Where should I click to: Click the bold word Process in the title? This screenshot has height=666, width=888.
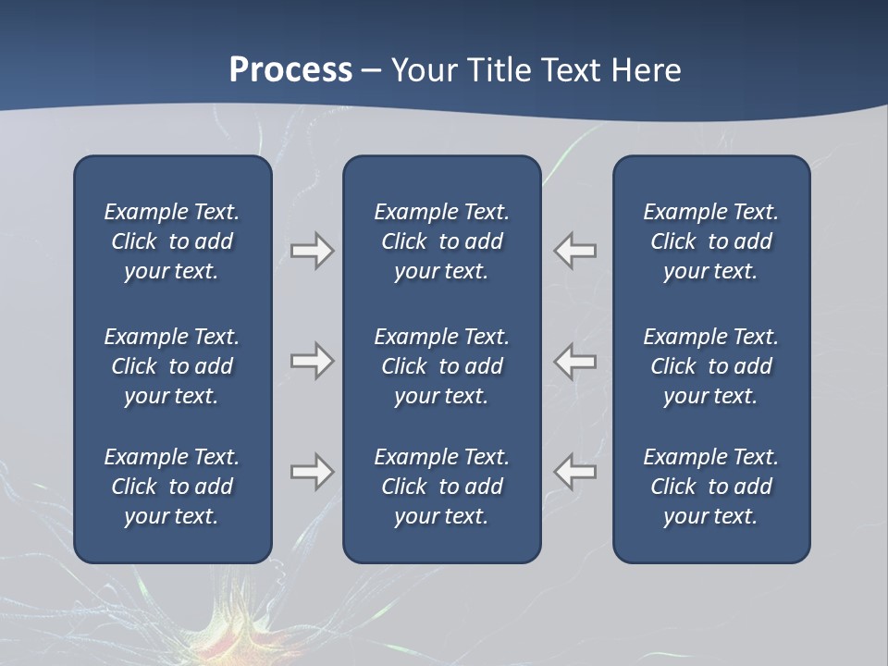click(x=290, y=70)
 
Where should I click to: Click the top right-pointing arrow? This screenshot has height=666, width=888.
click(x=312, y=251)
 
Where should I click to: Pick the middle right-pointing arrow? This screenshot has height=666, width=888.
click(x=312, y=361)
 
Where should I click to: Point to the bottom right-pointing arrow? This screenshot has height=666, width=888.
click(x=312, y=472)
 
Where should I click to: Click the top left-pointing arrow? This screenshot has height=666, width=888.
click(x=575, y=251)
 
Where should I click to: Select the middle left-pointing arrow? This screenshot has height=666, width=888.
click(x=575, y=361)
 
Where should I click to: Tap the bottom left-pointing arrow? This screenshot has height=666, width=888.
click(x=575, y=472)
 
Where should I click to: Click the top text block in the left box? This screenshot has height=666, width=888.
click(x=172, y=241)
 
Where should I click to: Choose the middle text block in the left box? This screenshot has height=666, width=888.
click(x=172, y=366)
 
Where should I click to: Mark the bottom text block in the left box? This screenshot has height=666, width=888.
click(x=172, y=487)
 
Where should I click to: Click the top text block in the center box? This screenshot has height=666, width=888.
click(x=442, y=241)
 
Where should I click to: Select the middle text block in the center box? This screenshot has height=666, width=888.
click(x=442, y=366)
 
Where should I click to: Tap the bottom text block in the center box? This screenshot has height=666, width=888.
click(x=442, y=487)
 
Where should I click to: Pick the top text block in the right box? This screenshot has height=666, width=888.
click(x=711, y=241)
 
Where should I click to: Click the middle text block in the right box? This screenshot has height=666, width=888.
click(x=711, y=366)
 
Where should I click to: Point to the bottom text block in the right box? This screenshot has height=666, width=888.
click(x=711, y=487)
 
